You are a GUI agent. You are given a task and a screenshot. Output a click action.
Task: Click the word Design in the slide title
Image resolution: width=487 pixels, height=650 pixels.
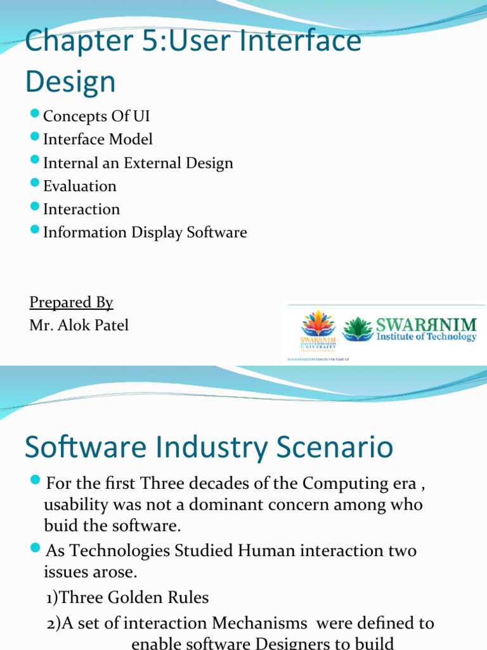pos(70,82)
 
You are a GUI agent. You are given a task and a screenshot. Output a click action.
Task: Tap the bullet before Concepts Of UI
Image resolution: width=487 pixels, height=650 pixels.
pos(35,116)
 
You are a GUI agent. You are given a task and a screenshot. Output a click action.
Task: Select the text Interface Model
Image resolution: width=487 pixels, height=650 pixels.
pos(98,139)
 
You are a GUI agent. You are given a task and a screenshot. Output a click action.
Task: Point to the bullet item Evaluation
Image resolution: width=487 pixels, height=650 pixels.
pos(80,186)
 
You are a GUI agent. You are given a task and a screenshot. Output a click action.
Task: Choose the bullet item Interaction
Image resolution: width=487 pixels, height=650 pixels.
pos(81,209)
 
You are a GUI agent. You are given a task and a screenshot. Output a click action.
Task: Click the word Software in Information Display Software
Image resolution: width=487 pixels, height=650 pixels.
pos(216,232)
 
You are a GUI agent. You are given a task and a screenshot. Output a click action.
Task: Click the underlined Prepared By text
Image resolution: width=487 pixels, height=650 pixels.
pos(71,302)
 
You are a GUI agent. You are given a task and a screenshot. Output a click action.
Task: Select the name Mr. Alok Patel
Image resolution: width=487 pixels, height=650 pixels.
pos(79,326)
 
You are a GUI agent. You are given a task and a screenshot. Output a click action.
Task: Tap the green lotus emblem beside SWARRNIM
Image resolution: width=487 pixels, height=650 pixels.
pos(358,328)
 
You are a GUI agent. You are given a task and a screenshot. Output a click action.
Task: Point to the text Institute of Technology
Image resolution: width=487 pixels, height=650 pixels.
pos(426,336)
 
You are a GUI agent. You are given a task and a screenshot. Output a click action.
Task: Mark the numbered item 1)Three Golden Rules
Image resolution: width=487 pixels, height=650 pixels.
pos(127,597)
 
